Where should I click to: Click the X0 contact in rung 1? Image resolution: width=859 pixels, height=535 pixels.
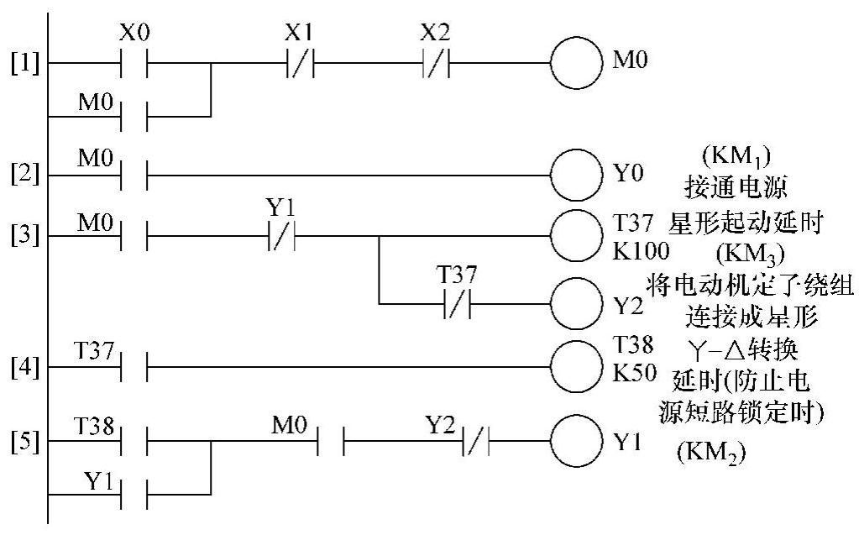134,62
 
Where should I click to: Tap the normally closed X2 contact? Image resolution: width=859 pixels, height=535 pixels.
435,62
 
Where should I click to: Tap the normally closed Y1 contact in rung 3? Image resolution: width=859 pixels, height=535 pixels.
281,237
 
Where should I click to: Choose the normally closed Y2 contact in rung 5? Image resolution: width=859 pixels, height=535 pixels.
476,441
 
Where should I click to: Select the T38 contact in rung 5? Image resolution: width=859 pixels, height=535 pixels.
134,441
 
